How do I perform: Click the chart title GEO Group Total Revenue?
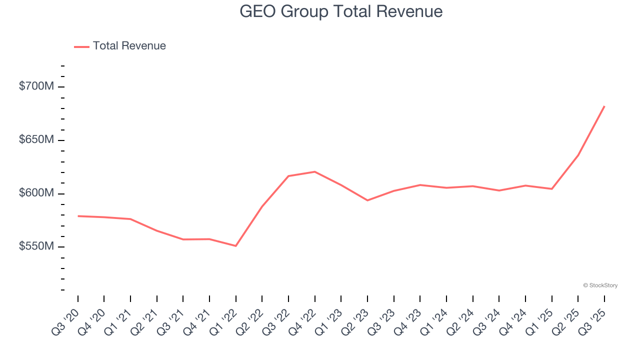(x=341, y=11)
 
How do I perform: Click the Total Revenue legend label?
(x=129, y=46)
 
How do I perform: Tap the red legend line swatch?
(x=81, y=46)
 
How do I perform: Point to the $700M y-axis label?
(x=36, y=86)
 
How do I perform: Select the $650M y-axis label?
(x=36, y=139)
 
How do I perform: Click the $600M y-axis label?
(x=36, y=193)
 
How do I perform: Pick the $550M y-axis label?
(x=36, y=246)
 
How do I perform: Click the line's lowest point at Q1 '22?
(x=235, y=245)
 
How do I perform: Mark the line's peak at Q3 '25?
(x=604, y=106)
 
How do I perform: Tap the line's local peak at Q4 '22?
(x=314, y=171)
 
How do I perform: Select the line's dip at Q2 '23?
(x=367, y=200)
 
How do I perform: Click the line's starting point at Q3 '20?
(x=78, y=216)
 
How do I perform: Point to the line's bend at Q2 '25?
(x=578, y=155)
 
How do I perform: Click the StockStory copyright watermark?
(x=600, y=285)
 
